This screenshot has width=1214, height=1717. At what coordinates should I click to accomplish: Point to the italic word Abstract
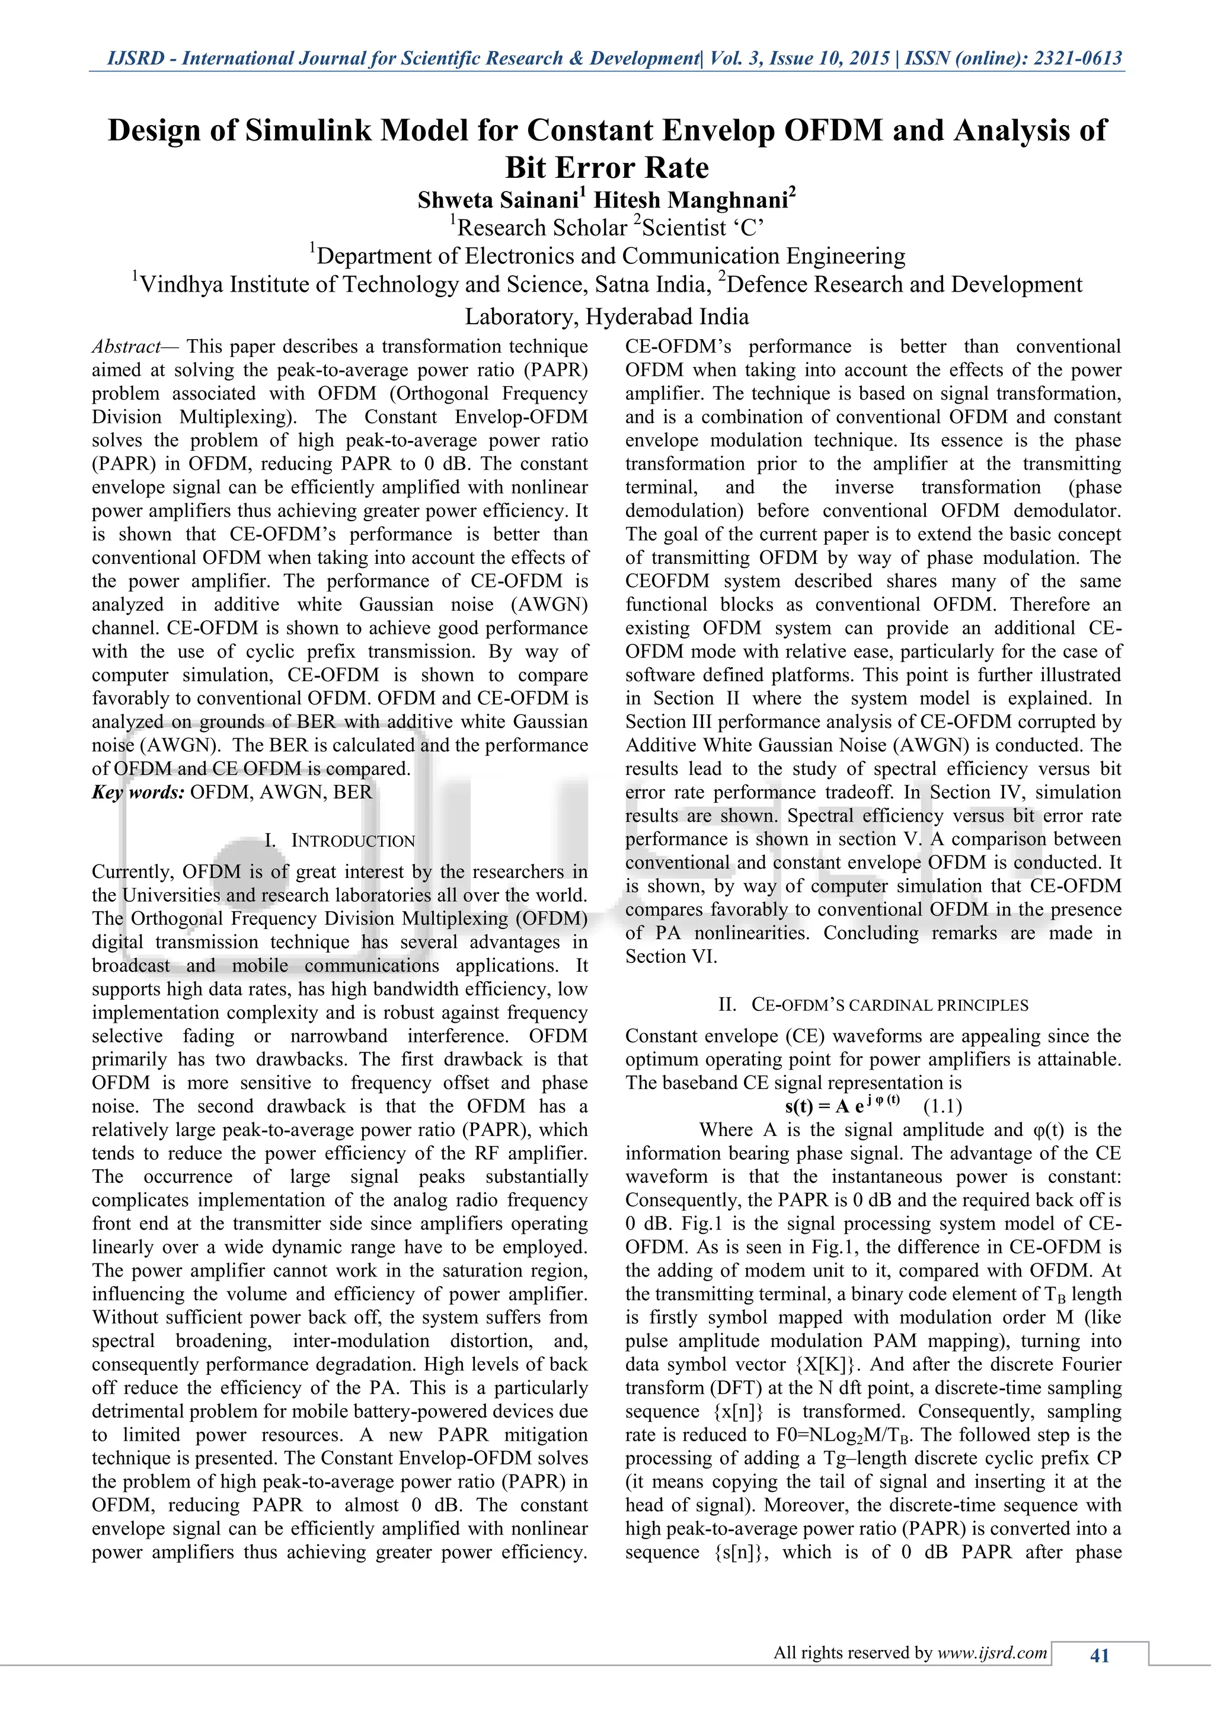click(126, 346)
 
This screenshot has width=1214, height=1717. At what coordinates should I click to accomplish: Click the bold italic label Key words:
click(138, 792)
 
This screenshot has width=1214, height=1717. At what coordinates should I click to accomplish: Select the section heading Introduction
click(352, 841)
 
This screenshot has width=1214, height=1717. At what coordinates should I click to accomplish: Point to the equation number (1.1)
click(942, 1106)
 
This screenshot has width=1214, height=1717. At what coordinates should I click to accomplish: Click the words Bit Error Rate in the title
click(607, 168)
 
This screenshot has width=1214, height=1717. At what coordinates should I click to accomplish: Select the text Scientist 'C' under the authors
click(702, 227)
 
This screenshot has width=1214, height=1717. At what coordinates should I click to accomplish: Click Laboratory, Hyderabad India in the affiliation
click(607, 317)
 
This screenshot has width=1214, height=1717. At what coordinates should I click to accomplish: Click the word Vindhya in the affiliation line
click(181, 285)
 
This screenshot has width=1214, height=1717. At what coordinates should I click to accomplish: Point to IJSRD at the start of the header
click(135, 58)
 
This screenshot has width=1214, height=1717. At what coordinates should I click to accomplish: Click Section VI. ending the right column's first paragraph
click(670, 956)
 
